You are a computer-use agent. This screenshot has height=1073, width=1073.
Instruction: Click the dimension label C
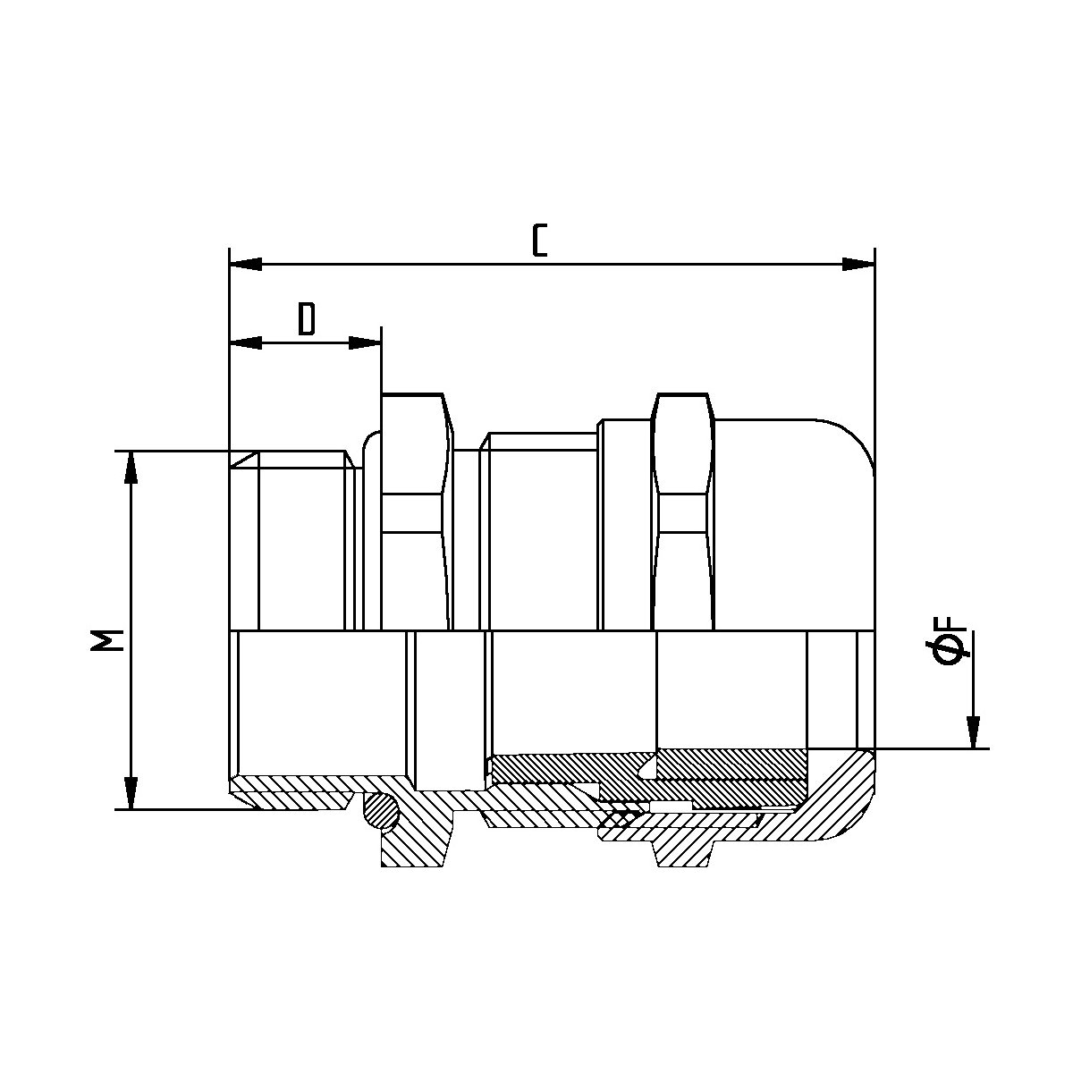point(539,241)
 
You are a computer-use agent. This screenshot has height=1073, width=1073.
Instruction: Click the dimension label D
point(307,319)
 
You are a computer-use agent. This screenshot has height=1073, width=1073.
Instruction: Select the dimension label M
point(106,640)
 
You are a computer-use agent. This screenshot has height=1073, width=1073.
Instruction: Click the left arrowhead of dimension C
point(246,265)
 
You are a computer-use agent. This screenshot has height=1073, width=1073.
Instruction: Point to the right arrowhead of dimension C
point(858,265)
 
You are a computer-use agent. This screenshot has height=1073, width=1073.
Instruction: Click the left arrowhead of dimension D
point(246,343)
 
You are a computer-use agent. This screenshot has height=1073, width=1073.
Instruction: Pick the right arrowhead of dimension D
point(365,343)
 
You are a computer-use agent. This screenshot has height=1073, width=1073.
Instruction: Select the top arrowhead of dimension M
point(131,467)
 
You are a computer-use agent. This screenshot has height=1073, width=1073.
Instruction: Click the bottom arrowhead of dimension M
point(131,793)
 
